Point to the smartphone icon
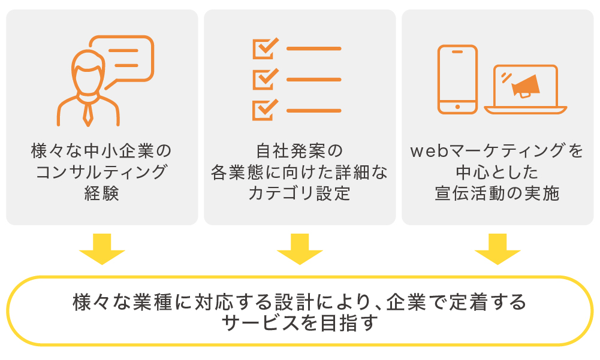pos(458,80)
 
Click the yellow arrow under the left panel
pos(102,249)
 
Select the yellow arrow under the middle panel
pos(300,249)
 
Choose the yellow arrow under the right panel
pos(498,249)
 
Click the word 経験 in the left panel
pos(102,193)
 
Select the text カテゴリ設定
pos(300,193)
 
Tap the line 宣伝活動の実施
pos(498,193)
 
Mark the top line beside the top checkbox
pos(313,49)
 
